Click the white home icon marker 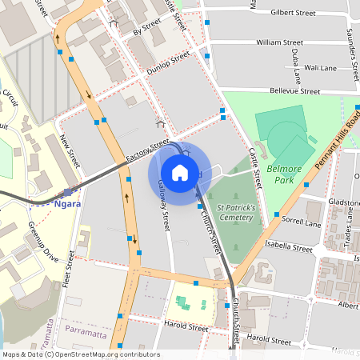coord(180,172)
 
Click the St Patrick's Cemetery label coord(230,212)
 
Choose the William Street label coord(279,42)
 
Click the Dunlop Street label coord(168,63)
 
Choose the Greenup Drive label coord(43,241)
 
